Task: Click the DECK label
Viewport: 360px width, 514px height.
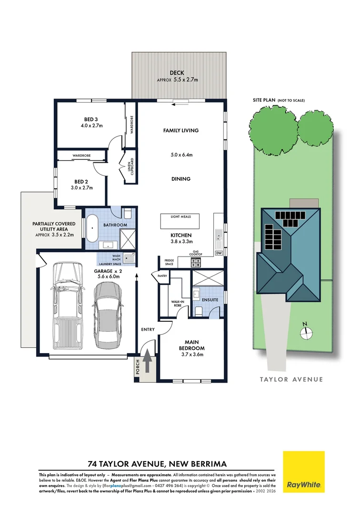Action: [180, 73]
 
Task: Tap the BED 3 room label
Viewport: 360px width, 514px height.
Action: [91, 119]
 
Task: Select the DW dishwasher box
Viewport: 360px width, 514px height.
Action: [219, 253]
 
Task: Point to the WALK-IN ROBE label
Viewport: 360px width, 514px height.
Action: [177, 303]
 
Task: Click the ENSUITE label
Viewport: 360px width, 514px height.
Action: [210, 300]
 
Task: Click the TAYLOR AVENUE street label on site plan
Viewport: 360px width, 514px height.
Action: [291, 379]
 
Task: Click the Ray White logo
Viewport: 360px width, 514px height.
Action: [304, 472]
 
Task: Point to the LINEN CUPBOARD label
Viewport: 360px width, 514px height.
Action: [129, 168]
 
